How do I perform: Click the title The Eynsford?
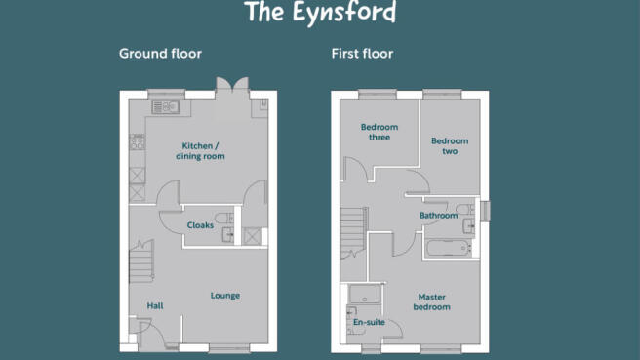pos(320,13)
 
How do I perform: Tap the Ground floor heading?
pos(160,54)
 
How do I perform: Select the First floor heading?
pos(363,54)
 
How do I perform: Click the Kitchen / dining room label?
pos(200,151)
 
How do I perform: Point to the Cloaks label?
pos(200,225)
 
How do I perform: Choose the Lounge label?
pos(225,296)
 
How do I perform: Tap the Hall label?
pos(155,305)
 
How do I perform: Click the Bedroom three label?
pos(380,132)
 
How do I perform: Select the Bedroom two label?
pos(450,146)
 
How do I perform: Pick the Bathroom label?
pos(438,215)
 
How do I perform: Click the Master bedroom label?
pos(432,302)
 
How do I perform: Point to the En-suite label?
pos(369,322)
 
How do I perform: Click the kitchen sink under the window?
pos(165,107)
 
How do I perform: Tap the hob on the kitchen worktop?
pos(138,141)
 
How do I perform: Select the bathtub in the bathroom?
pos(448,248)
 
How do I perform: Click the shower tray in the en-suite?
pos(365,294)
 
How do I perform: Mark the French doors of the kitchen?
pos(232,85)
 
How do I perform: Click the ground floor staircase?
pos(141,262)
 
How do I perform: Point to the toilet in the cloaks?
pos(224,218)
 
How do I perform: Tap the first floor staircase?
pos(354,233)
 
